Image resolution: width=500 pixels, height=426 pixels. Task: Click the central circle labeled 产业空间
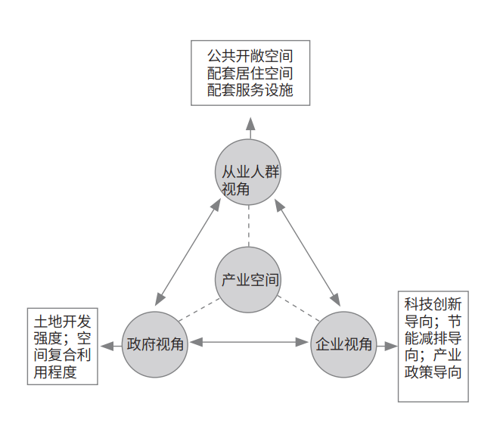(248, 280)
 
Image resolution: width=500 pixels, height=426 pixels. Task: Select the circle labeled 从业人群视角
(248, 173)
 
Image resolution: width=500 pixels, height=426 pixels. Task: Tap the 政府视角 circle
(155, 345)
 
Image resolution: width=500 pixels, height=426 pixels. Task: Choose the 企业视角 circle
(343, 345)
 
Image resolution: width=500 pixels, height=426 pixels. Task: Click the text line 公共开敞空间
(250, 56)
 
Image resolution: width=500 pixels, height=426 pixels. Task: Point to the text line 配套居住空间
(250, 73)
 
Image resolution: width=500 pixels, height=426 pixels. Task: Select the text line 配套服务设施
(250, 90)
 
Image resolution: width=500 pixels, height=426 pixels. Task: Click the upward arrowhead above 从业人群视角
(250, 124)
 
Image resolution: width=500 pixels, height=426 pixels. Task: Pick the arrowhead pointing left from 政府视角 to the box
(107, 346)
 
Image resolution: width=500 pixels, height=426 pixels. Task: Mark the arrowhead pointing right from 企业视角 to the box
(391, 346)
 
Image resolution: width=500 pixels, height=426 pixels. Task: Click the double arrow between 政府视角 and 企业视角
(250, 343)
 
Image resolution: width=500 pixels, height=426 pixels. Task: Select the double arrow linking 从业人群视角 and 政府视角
(188, 252)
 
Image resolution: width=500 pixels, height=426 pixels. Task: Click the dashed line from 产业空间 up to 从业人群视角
(249, 226)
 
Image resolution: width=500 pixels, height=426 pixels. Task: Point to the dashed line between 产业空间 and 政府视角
(199, 309)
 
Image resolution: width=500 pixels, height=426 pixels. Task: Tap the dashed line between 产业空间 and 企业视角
(299, 309)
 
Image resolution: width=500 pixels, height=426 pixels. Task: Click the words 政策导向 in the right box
(433, 372)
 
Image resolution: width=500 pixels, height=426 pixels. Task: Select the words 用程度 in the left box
(55, 372)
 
